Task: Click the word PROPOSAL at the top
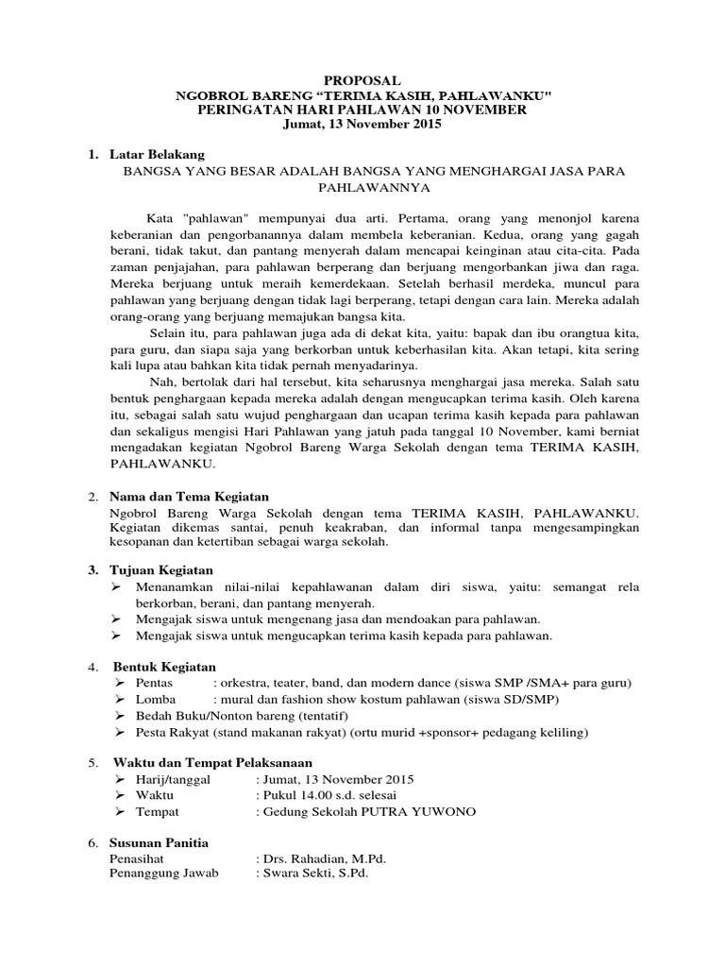tap(362, 82)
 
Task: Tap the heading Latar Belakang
tap(157, 154)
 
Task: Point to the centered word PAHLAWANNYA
tap(362, 188)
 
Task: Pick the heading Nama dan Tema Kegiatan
tap(190, 496)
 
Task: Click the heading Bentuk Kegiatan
tap(164, 667)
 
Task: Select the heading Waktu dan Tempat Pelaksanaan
tap(212, 762)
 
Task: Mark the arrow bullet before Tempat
tap(119, 812)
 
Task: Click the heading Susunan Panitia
tap(160, 842)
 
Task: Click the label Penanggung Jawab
tap(164, 874)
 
